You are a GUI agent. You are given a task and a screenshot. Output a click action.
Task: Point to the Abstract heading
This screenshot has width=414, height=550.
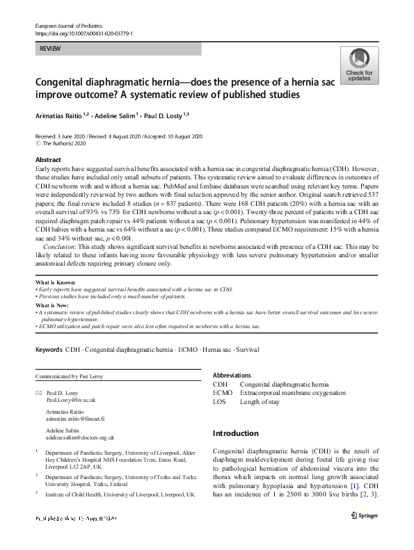[48, 159]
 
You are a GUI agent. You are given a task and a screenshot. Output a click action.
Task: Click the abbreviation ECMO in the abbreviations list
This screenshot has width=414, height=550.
[223, 393]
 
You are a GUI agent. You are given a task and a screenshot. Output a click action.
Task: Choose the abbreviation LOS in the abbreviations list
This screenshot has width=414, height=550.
[220, 402]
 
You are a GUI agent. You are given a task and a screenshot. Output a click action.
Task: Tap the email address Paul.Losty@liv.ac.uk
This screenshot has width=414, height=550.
[71, 401]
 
